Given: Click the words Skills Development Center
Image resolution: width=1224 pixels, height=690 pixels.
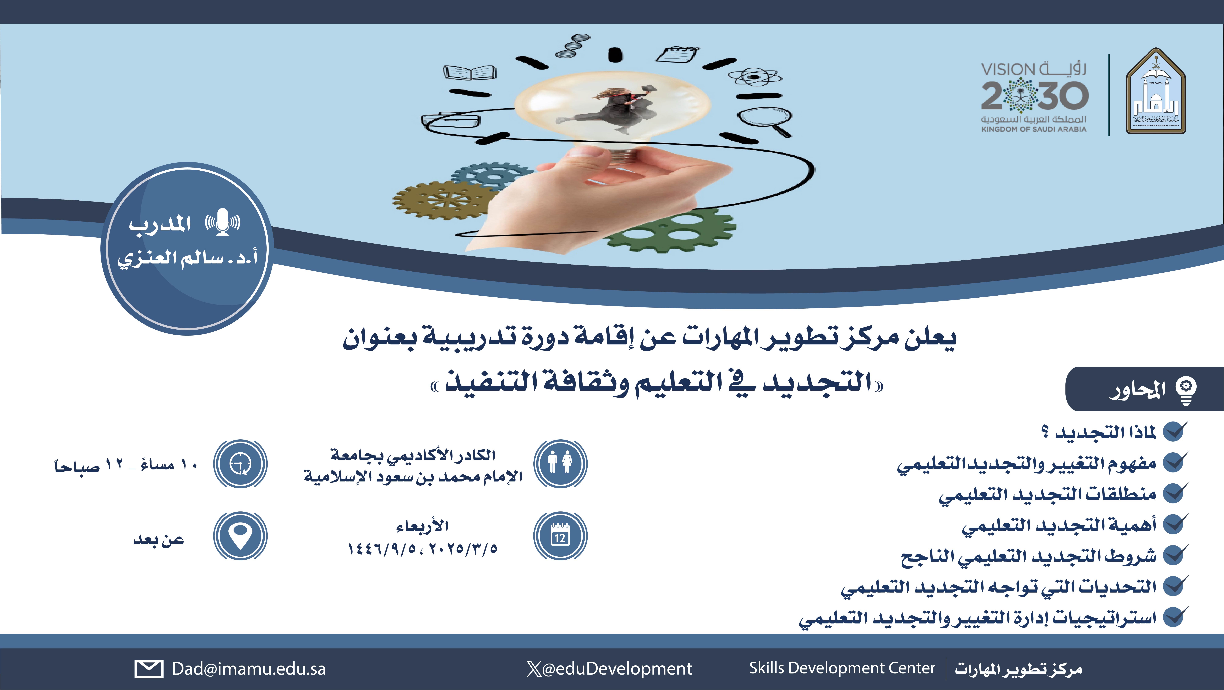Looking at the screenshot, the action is point(842,668).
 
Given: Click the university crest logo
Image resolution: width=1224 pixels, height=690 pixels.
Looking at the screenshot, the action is point(1156,91).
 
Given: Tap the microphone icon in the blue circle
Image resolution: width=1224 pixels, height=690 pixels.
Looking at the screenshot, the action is point(222,221).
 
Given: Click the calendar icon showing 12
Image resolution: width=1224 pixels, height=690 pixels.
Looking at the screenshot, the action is point(560,536).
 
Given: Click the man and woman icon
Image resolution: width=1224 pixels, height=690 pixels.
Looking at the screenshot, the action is point(560,463).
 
